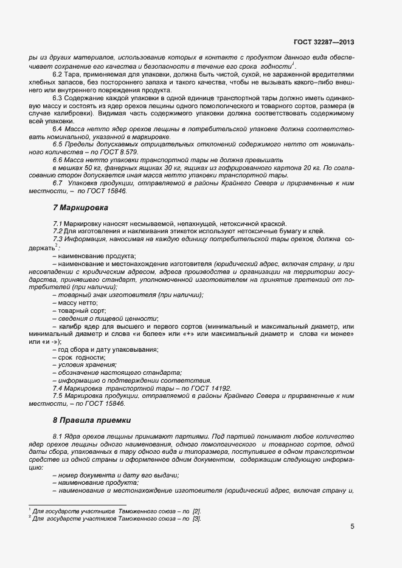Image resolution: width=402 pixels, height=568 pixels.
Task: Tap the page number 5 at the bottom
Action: point(352,527)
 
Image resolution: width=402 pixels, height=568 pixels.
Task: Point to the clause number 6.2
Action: point(58,74)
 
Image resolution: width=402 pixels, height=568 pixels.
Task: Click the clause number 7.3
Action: point(58,239)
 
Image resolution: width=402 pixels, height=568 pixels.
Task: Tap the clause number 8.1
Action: point(59,436)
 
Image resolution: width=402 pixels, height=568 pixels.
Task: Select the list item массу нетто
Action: point(77,302)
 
